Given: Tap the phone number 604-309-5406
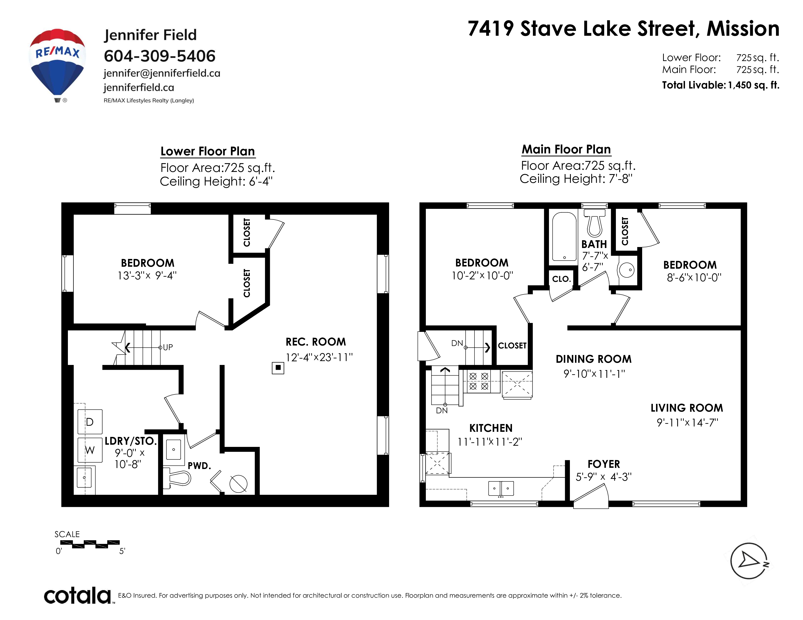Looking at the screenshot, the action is [160, 56].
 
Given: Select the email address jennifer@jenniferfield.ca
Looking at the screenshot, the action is [162, 73].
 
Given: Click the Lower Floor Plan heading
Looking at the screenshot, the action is [208, 151].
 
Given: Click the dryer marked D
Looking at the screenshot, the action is [90, 422].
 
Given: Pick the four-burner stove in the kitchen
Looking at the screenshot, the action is [479, 381].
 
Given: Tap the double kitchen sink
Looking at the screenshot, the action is [501, 488].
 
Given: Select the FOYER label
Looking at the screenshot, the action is [604, 464].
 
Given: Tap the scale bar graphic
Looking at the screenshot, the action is [90, 544].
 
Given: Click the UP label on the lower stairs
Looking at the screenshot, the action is [168, 347].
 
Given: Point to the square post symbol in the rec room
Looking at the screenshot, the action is [278, 368].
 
